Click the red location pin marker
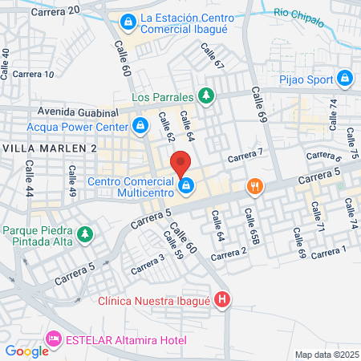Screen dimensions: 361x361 point(180,162)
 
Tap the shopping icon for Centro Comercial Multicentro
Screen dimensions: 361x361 point(186,187)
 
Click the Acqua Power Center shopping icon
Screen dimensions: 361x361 point(140,126)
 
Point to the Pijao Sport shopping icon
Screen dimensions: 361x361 point(344,79)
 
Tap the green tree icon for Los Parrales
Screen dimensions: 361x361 point(207,97)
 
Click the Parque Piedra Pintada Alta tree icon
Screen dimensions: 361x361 point(85,236)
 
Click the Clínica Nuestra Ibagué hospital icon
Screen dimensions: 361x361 point(223,302)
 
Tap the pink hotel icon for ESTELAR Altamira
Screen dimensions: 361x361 point(55,339)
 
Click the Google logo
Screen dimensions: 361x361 point(26,350)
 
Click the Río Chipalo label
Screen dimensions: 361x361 point(296,12)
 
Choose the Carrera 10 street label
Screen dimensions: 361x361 point(34,74)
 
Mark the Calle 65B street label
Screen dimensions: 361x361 point(253,226)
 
